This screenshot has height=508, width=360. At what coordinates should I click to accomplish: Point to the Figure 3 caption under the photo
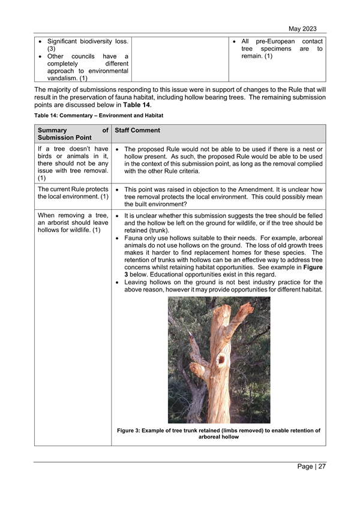click(218, 433)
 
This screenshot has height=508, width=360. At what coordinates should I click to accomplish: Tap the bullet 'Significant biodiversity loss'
click(88, 45)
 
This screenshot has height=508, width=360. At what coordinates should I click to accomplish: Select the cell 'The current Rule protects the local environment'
click(73, 194)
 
